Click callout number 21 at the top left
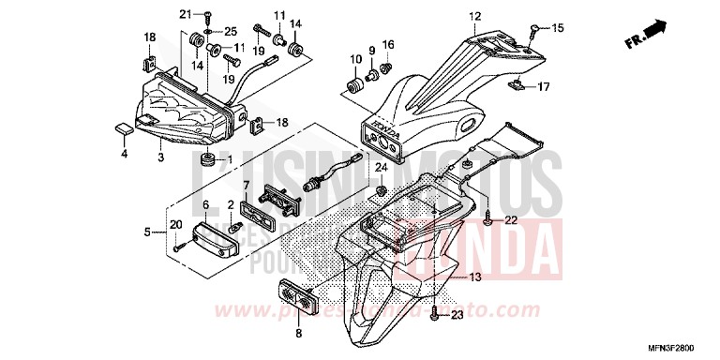tap(185, 13)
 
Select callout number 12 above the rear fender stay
tap(474, 15)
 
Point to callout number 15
tap(560, 28)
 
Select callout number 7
tap(247, 185)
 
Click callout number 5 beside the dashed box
tap(146, 230)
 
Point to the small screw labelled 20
tap(177, 248)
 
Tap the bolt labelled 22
tap(491, 220)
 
